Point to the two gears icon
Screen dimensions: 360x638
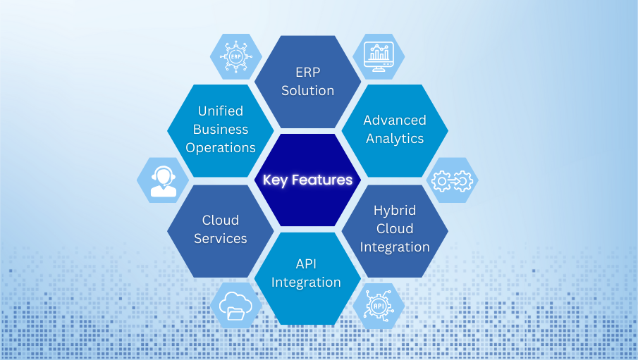coord(452,181)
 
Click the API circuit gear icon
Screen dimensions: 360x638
coord(379,306)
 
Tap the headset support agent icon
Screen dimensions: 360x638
coord(164,181)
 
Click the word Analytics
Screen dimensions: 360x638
coord(395,138)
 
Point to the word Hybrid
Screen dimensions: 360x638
coord(395,210)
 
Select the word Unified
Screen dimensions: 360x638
coord(220,111)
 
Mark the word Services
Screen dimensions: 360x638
coord(220,239)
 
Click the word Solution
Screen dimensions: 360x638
coord(307,90)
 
